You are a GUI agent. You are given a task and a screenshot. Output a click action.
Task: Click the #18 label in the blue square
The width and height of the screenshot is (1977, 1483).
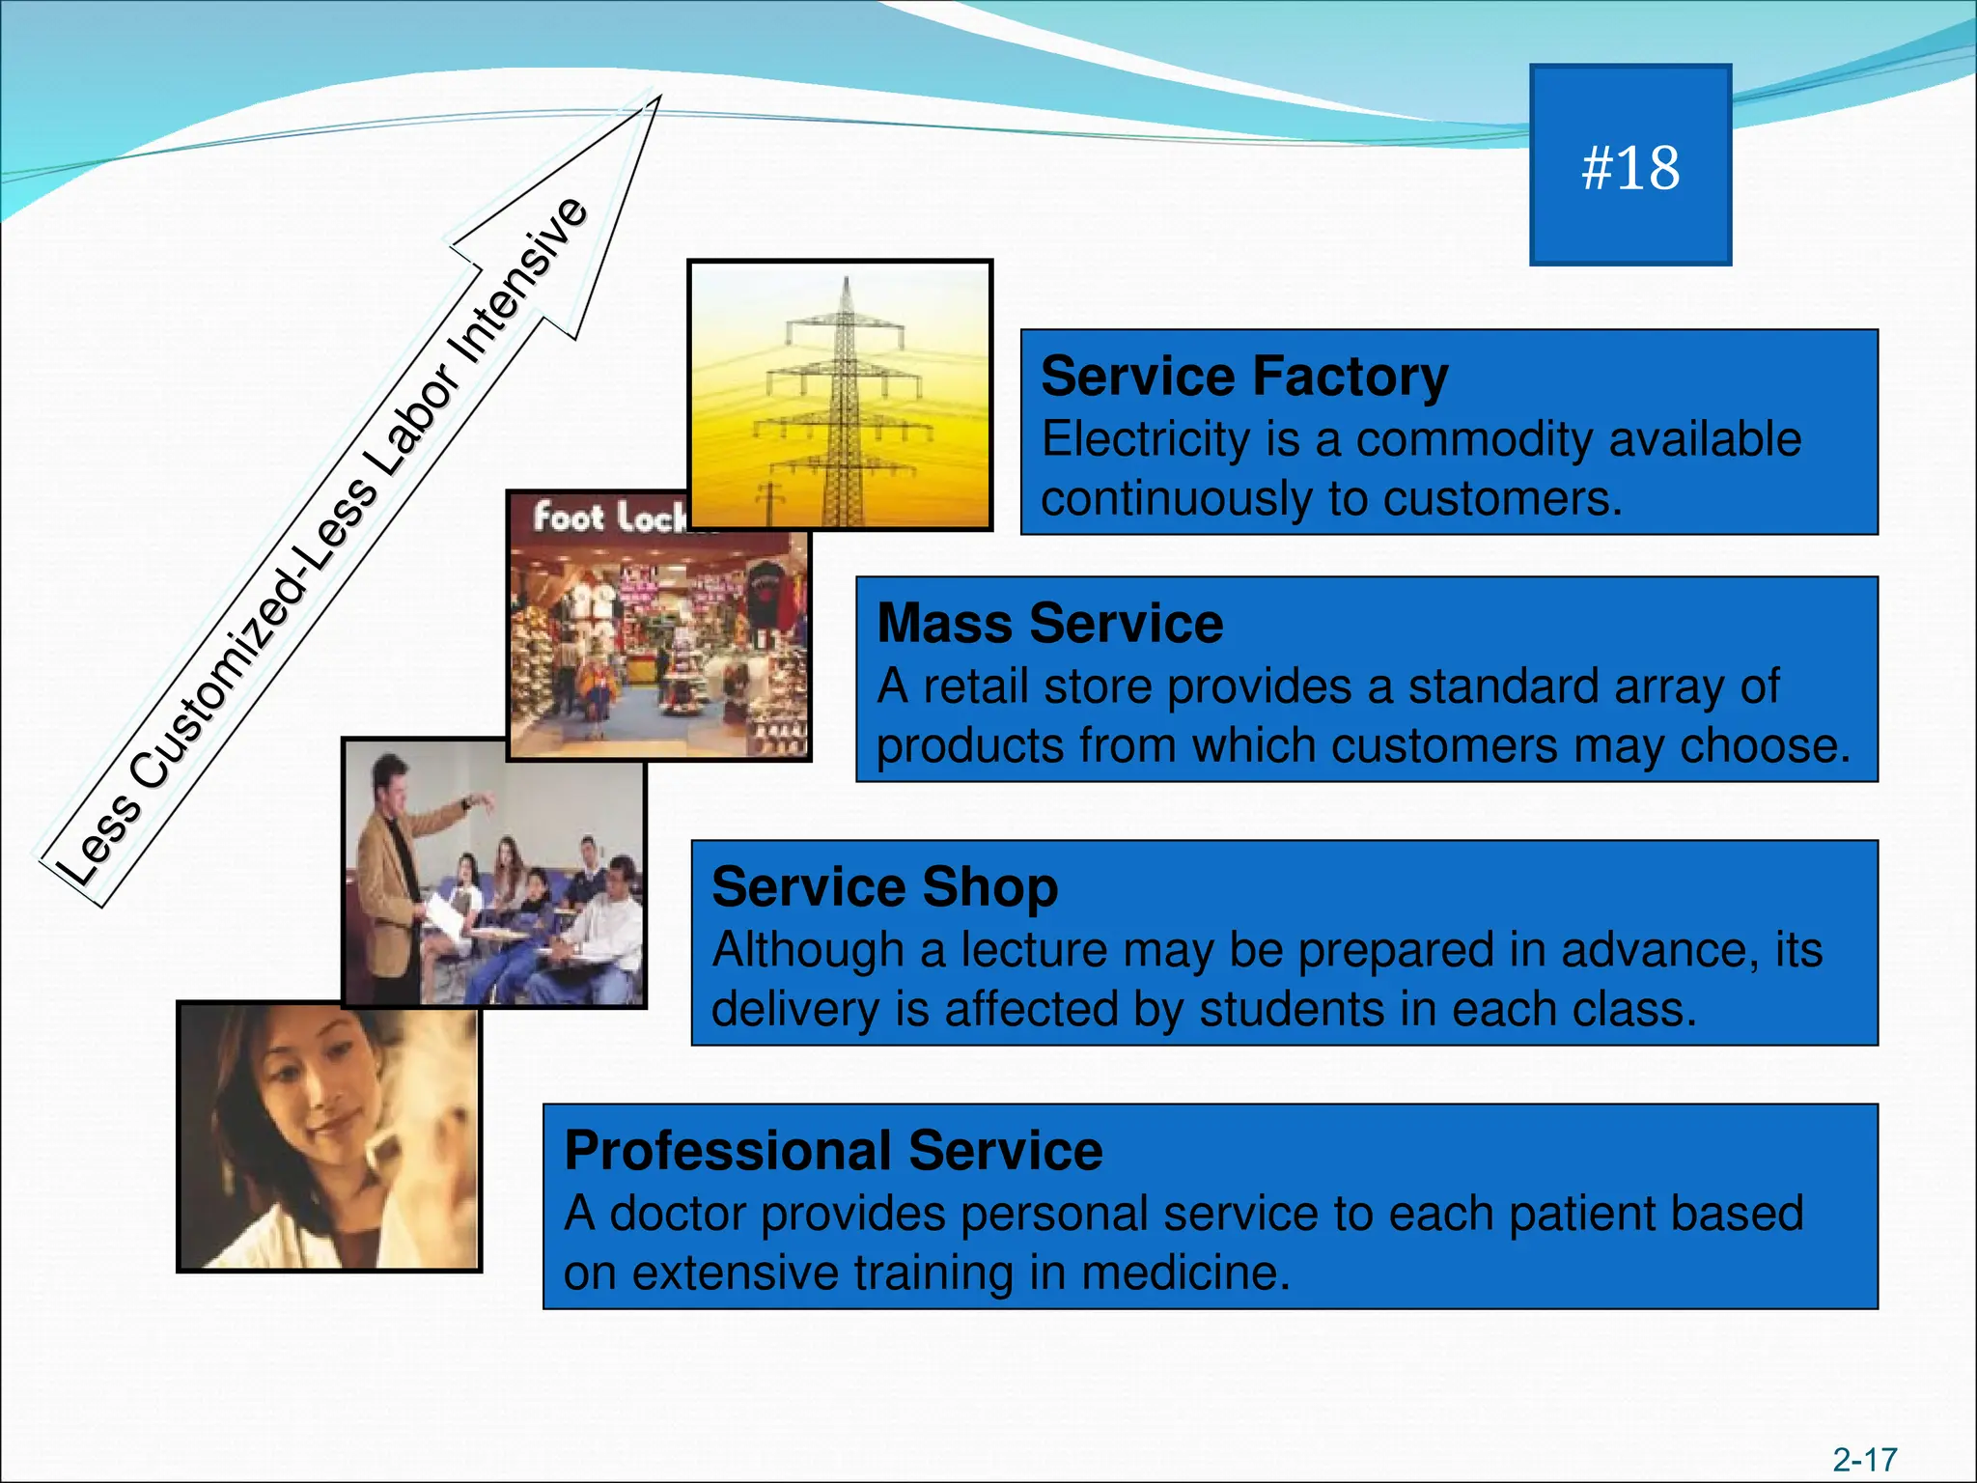(x=1629, y=168)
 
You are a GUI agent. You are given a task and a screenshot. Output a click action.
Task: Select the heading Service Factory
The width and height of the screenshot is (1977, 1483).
(x=1243, y=377)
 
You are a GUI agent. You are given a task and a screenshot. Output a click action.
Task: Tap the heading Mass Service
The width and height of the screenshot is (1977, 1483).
(x=1049, y=624)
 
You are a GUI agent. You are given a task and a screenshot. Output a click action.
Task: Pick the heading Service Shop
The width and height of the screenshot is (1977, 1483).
(x=884, y=887)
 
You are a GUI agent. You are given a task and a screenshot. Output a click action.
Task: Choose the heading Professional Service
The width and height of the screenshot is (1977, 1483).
(x=833, y=1151)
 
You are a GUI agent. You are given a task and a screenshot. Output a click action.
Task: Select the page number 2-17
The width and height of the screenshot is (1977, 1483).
(x=1864, y=1459)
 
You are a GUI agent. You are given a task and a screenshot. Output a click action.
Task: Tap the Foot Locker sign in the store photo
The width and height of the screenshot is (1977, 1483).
(x=608, y=518)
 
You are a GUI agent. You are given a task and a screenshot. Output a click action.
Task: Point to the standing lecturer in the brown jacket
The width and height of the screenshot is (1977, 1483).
(x=396, y=869)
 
